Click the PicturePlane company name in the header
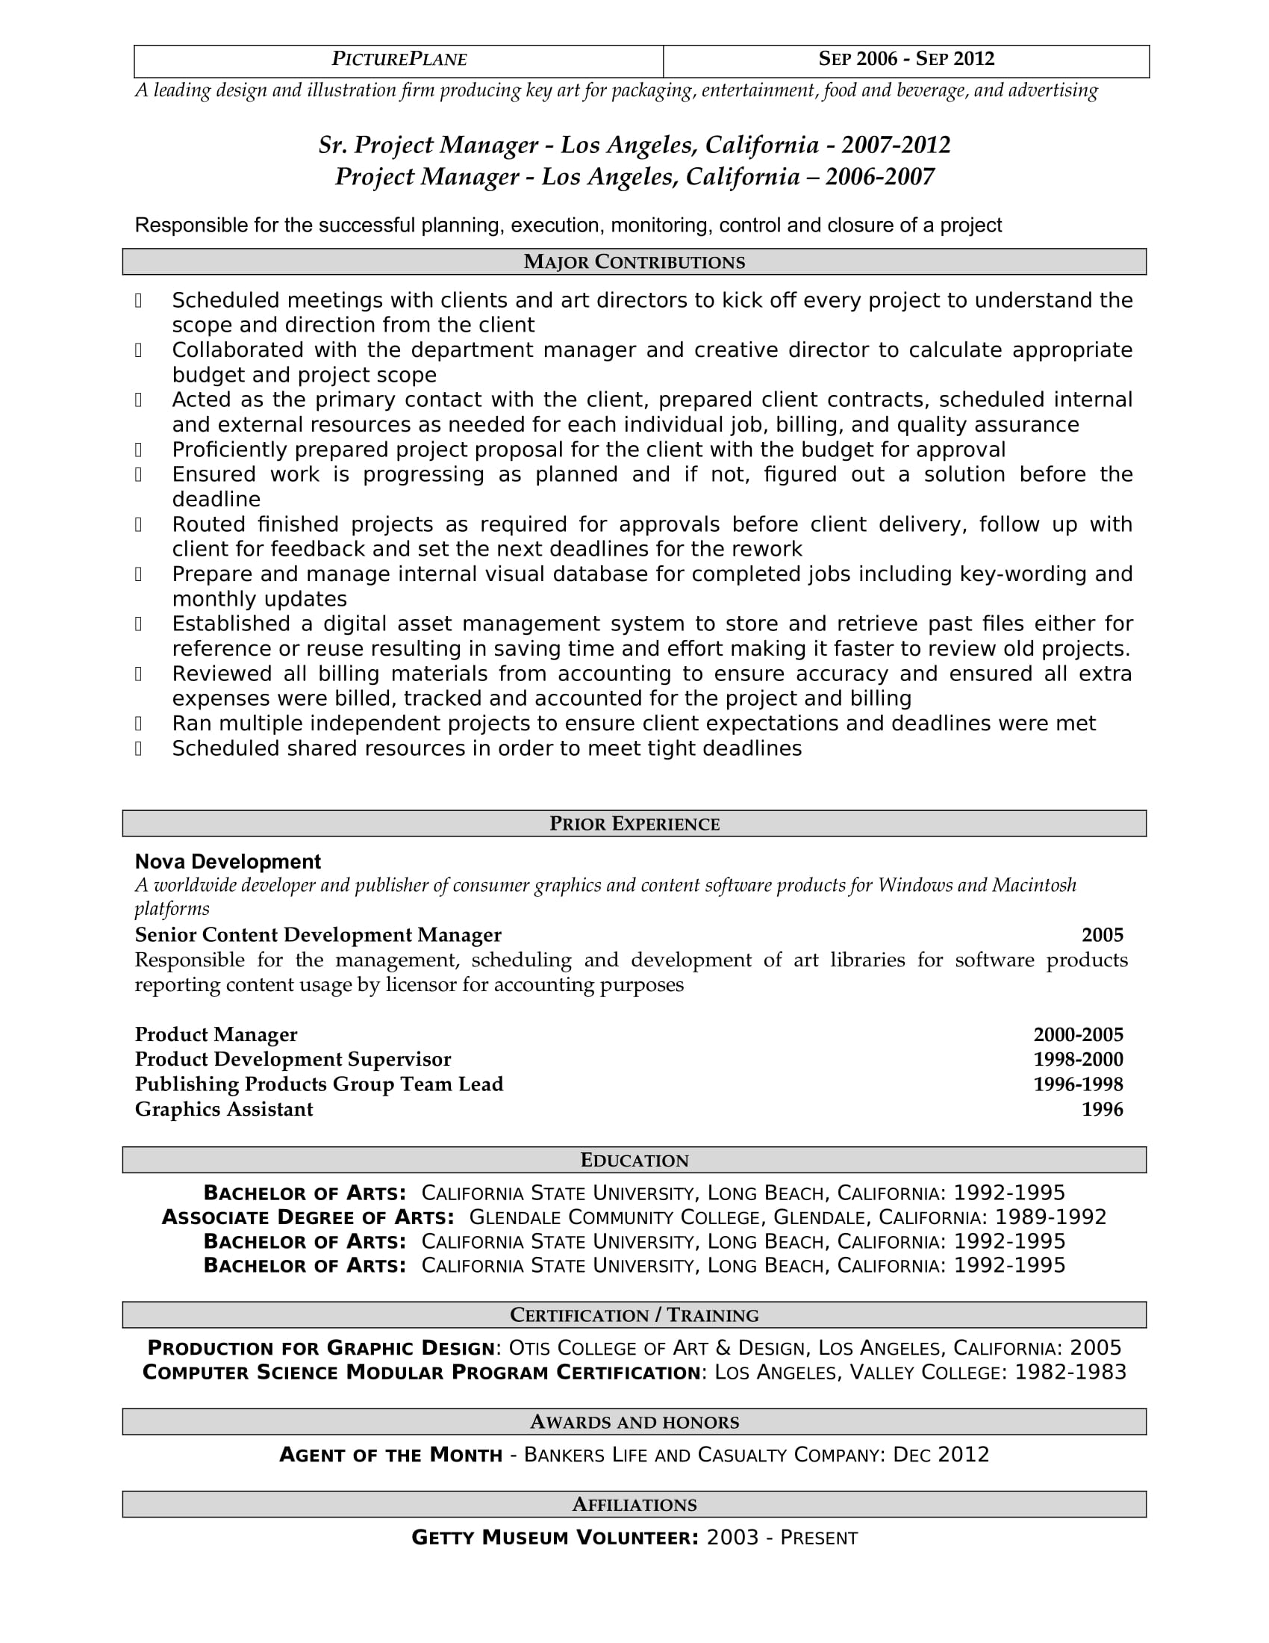tap(399, 60)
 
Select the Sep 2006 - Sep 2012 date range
tap(906, 60)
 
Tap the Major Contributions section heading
tap(634, 262)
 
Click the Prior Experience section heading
tap(634, 824)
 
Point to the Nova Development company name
tap(228, 862)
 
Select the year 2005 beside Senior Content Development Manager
tap(1102, 935)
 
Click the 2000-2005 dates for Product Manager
tap(1078, 1035)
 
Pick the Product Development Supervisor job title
tap(293, 1060)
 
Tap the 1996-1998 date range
tap(1078, 1085)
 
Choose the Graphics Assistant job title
tap(224, 1110)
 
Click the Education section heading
tap(634, 1160)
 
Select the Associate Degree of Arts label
tap(308, 1217)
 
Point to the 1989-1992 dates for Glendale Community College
tap(1050, 1217)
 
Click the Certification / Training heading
tap(634, 1315)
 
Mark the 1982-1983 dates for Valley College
tap(1070, 1373)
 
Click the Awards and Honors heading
tap(634, 1422)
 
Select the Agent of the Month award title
tap(390, 1455)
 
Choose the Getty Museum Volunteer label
tap(555, 1538)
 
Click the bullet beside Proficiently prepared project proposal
tap(138, 450)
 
